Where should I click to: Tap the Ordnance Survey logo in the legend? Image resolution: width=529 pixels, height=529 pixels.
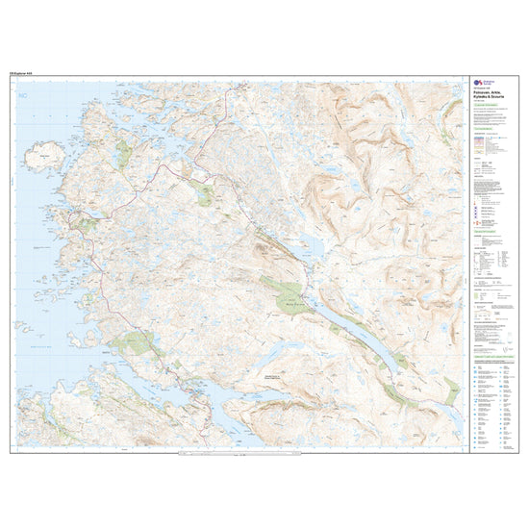(x=473, y=84)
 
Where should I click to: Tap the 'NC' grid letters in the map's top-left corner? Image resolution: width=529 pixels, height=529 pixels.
(x=22, y=96)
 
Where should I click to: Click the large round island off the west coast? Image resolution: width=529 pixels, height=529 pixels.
(x=49, y=153)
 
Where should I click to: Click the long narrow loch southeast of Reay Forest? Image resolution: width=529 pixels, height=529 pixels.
(x=361, y=332)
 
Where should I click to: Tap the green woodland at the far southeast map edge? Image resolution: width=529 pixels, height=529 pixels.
(x=451, y=390)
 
